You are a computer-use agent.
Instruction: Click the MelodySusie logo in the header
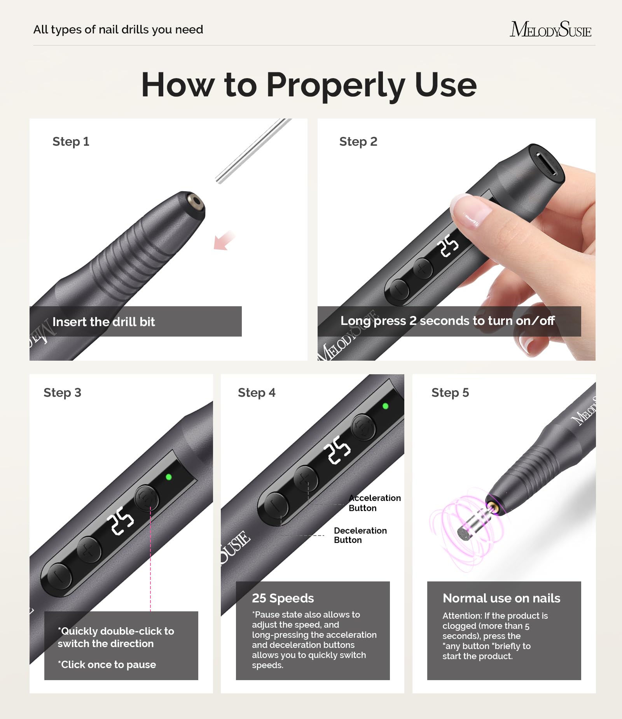coord(550,30)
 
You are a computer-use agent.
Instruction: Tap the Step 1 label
coord(71,141)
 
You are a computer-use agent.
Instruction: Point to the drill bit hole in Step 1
coord(194,202)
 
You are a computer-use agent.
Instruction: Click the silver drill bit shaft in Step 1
coord(253,151)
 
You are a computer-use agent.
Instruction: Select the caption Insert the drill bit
coord(103,322)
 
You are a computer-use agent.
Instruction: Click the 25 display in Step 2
coord(448,245)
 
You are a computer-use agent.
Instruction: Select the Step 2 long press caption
coord(447,321)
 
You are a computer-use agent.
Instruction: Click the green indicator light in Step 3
coord(169,477)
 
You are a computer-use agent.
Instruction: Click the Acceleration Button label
coord(374,503)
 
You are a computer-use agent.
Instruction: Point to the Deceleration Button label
coord(360,535)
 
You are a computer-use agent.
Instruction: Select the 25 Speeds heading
coord(283,598)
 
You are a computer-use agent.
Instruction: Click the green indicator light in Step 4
coord(385,406)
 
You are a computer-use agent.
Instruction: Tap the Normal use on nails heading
coord(501,598)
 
